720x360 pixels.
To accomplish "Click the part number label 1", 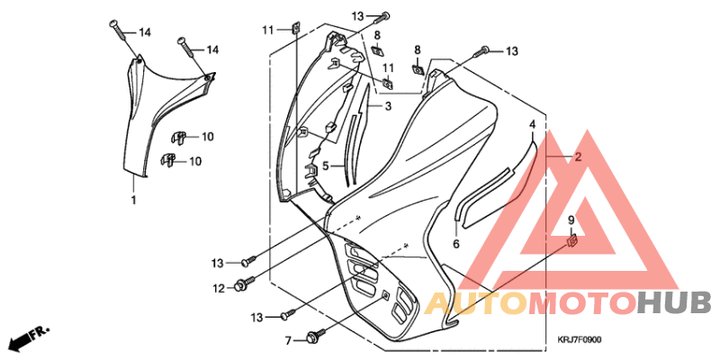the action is click(x=133, y=200).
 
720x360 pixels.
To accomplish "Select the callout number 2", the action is click(x=578, y=157).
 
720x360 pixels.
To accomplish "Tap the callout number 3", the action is click(x=388, y=107).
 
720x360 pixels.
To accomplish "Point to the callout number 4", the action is click(x=532, y=124).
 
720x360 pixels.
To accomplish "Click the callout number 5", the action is click(x=325, y=166).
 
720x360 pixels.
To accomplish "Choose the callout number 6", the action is click(x=456, y=244).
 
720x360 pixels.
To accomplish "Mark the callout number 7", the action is click(x=288, y=341).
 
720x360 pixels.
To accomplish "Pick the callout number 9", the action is click(x=571, y=220).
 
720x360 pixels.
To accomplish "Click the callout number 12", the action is click(x=219, y=288).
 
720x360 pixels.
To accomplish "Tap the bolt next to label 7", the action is click(x=316, y=335).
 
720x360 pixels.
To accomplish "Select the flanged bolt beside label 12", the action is click(x=244, y=283).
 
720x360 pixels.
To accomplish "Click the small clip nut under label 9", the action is click(x=572, y=240).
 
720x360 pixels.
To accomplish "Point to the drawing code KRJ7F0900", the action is click(x=580, y=340).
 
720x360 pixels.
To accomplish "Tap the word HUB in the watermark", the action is click(x=674, y=303).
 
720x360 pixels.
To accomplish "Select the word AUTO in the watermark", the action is click(x=476, y=303).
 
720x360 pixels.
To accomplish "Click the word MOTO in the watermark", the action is click(x=582, y=303).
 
